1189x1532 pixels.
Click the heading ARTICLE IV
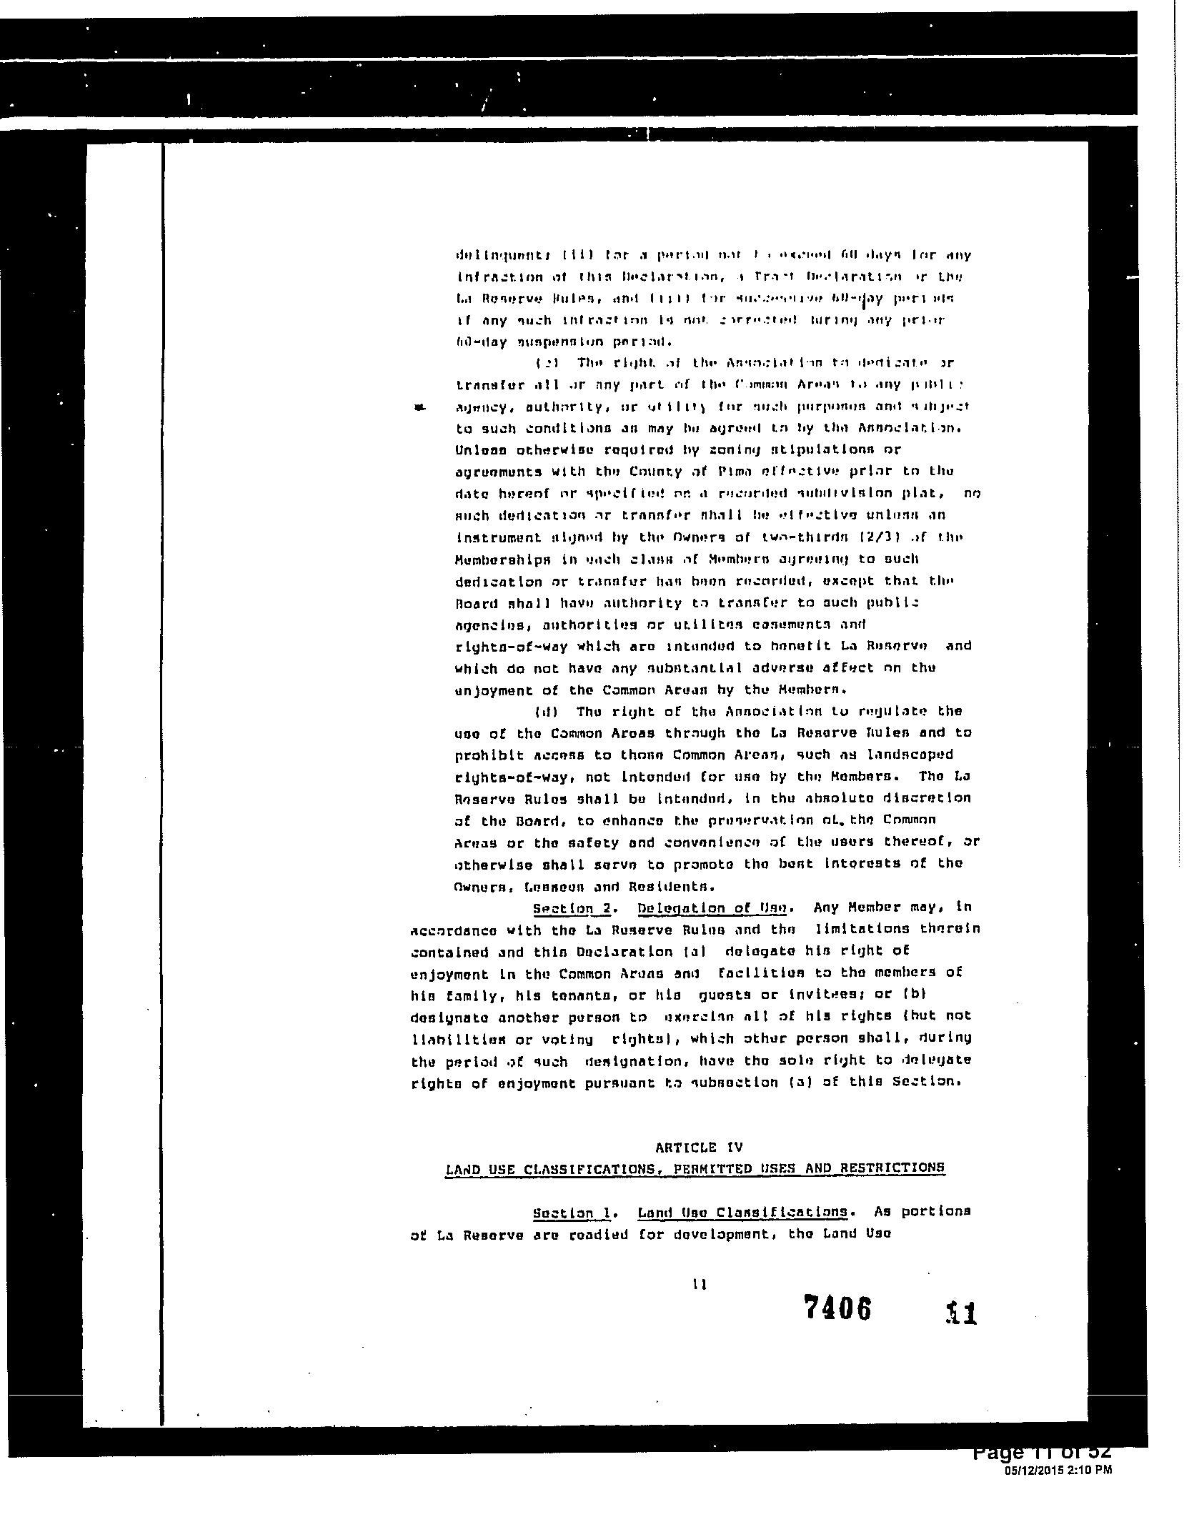click(x=699, y=1148)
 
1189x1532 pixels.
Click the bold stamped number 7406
click(x=837, y=1308)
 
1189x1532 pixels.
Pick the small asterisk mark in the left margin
click(x=420, y=407)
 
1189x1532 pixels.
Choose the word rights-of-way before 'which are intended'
click(x=511, y=647)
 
